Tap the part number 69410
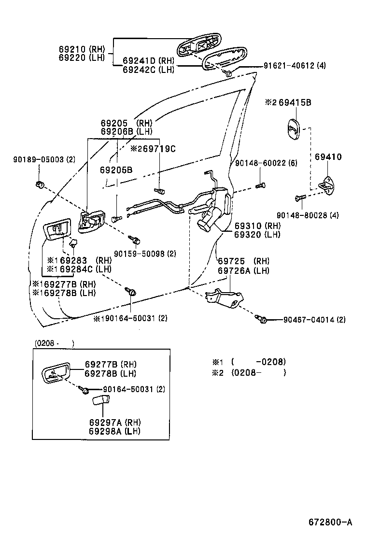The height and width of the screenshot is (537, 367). pyautogui.click(x=328, y=157)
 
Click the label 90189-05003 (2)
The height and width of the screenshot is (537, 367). pyautogui.click(x=44, y=159)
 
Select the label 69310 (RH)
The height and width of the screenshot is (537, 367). pyautogui.click(x=257, y=226)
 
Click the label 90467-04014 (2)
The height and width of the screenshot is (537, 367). pyautogui.click(x=314, y=320)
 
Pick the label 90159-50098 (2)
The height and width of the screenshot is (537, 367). pyautogui.click(x=145, y=253)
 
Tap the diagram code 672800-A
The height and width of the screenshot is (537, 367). pyautogui.click(x=331, y=522)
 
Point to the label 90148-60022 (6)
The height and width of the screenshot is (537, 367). pyautogui.click(x=266, y=164)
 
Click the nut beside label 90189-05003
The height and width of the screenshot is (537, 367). pyautogui.click(x=40, y=184)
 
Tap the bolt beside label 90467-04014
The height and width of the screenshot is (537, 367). pyautogui.click(x=263, y=319)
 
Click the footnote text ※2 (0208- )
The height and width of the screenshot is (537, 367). pyautogui.click(x=249, y=373)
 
